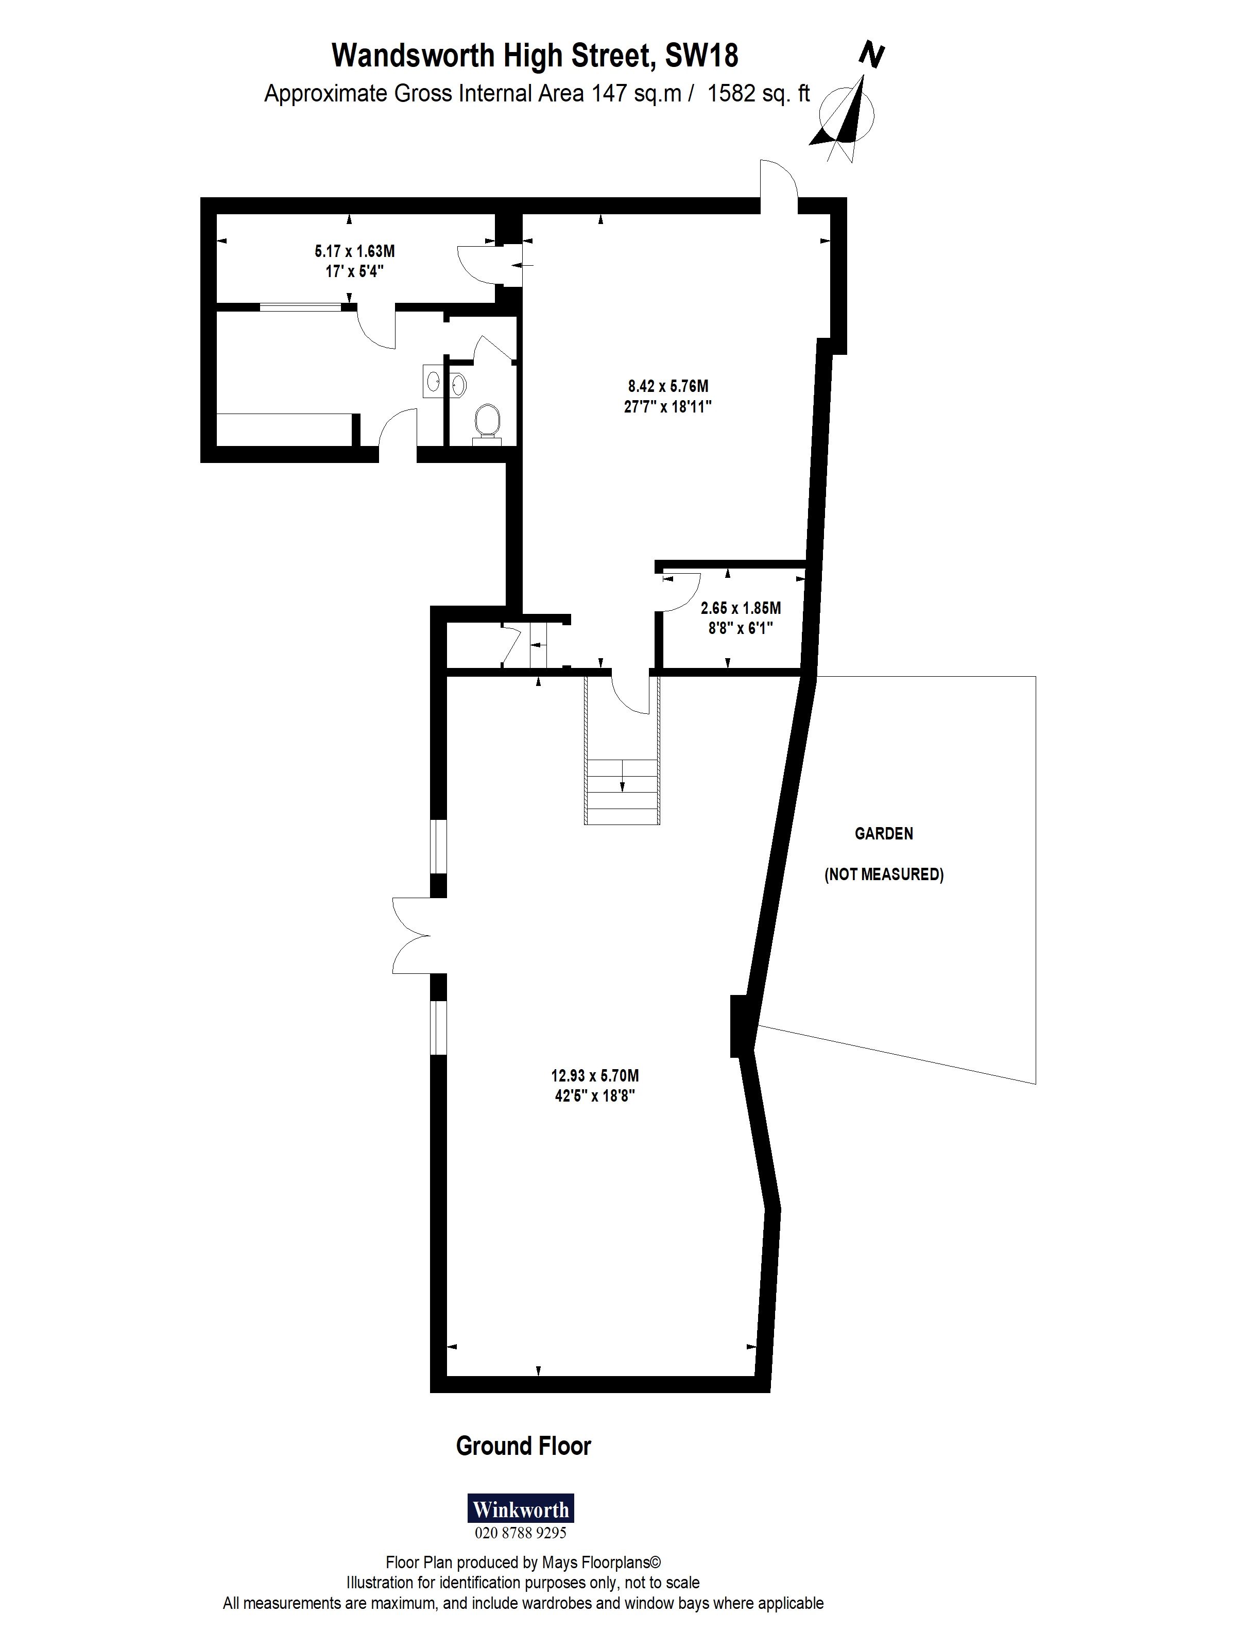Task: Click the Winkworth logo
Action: point(520,1508)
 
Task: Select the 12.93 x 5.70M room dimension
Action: point(594,1076)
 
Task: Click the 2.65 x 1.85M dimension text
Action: point(741,608)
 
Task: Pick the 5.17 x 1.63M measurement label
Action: point(355,251)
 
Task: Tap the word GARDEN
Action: point(884,834)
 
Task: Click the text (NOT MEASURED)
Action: point(884,874)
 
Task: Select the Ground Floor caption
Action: point(523,1446)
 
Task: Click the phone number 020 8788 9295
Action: point(520,1533)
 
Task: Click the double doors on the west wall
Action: point(414,935)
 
